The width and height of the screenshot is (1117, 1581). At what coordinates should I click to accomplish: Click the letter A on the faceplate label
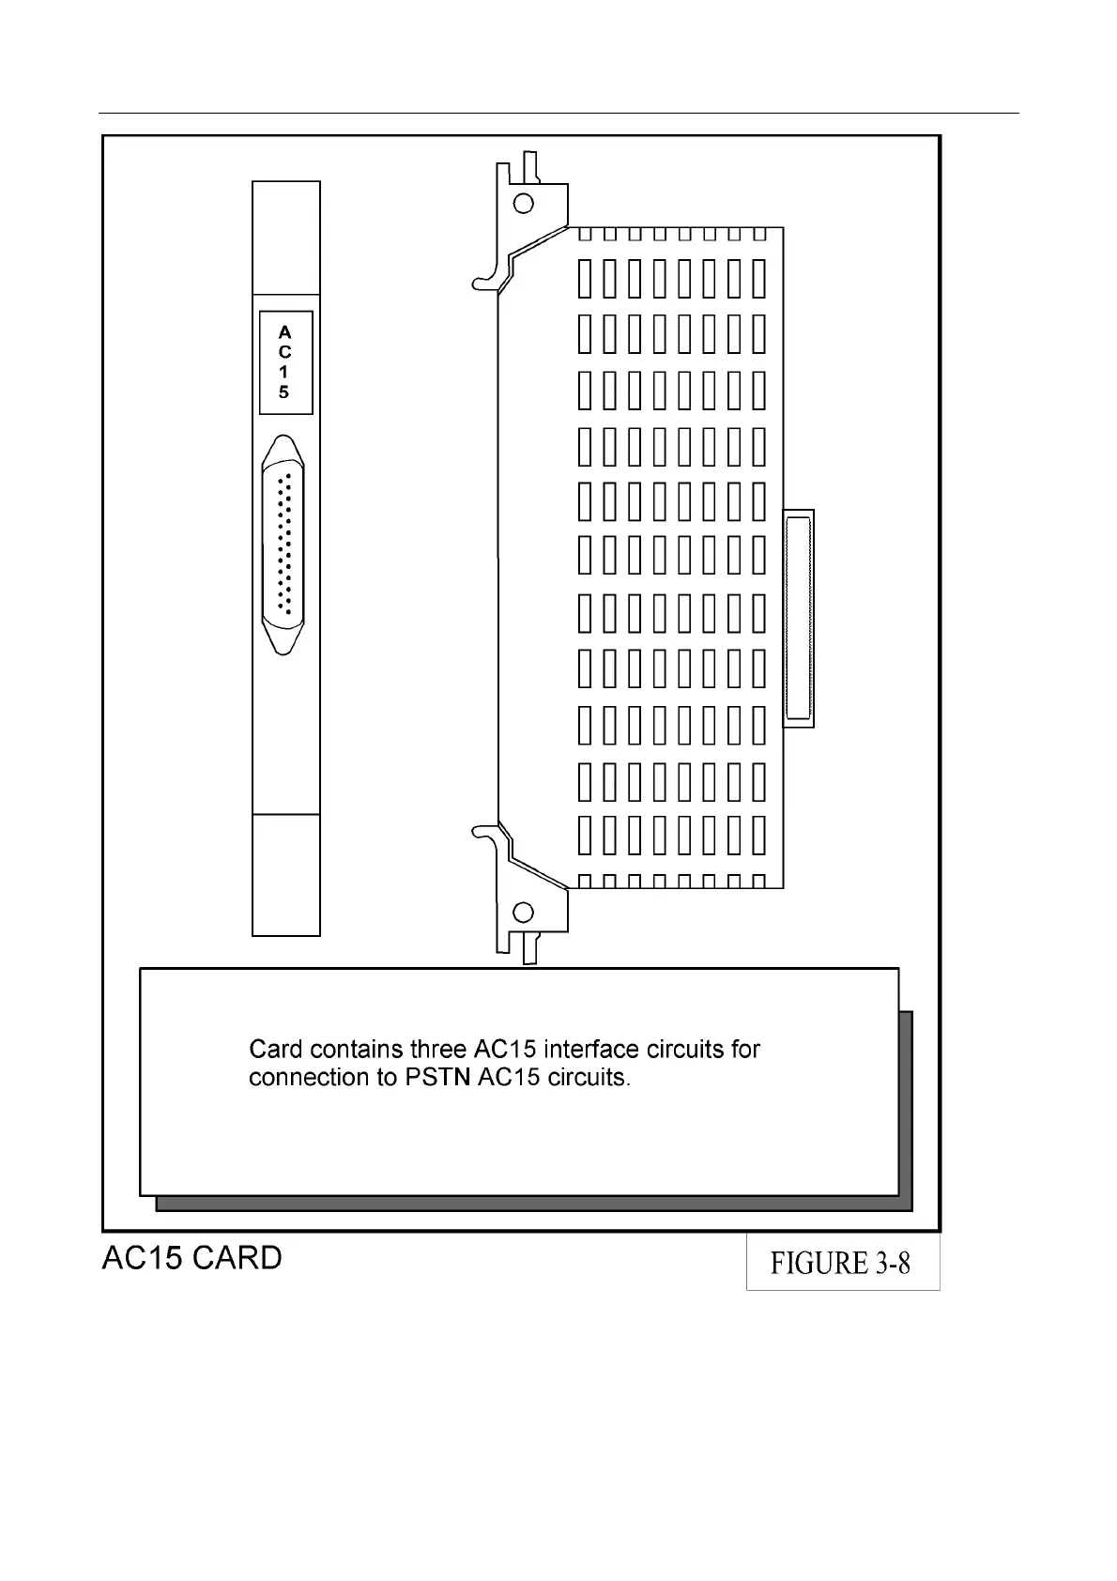(285, 332)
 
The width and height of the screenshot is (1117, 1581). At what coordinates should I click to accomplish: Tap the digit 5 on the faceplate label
(284, 392)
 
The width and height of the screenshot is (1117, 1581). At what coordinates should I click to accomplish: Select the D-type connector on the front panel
(283, 545)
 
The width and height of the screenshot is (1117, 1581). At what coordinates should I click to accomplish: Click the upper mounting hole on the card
(524, 203)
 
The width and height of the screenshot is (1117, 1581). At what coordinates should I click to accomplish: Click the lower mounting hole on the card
(524, 912)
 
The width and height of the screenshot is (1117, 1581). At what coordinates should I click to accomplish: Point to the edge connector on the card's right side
(799, 618)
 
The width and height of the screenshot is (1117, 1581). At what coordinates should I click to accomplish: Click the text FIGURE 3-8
(840, 1264)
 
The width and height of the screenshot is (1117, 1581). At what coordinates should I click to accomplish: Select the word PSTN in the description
(437, 1078)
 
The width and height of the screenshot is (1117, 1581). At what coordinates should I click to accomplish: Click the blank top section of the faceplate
(286, 238)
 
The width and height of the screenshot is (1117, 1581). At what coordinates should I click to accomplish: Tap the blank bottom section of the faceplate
(286, 874)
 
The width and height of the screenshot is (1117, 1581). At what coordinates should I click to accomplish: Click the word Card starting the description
(276, 1049)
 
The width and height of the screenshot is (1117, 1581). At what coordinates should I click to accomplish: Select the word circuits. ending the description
(589, 1078)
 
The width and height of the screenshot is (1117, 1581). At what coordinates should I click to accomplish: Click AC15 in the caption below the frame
(142, 1258)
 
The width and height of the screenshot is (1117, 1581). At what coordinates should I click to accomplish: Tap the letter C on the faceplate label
(285, 352)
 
